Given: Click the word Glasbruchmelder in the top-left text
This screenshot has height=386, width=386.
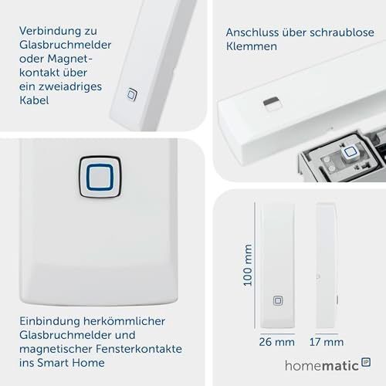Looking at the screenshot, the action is (x=66, y=45).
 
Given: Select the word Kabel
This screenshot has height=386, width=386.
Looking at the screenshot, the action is (x=34, y=100).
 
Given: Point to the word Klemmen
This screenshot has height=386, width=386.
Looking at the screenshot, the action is (x=252, y=46).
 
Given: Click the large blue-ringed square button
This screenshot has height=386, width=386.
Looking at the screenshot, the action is (x=100, y=177).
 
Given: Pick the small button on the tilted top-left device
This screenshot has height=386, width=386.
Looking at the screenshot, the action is (x=132, y=94).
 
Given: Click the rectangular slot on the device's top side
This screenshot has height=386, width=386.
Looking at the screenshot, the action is (x=272, y=103).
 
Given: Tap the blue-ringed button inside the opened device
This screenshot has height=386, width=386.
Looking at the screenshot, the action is (x=349, y=152).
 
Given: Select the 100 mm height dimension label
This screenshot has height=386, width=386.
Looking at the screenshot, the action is (x=247, y=265).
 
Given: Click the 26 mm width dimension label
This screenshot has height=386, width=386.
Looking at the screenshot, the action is (x=276, y=342).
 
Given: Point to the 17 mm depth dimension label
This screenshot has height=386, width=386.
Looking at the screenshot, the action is (x=327, y=342).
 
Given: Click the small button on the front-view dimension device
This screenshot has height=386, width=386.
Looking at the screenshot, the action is (x=278, y=300).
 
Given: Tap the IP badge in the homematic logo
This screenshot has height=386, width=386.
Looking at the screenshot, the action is (x=366, y=362).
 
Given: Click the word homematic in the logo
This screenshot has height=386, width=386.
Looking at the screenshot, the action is (x=322, y=366).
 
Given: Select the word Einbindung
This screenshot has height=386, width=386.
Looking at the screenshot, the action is (x=49, y=321).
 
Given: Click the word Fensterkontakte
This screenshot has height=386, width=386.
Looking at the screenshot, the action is (x=139, y=349).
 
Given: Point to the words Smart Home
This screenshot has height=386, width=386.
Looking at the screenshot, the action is (x=71, y=363).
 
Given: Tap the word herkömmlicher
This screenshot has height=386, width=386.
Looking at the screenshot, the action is (x=124, y=321).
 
